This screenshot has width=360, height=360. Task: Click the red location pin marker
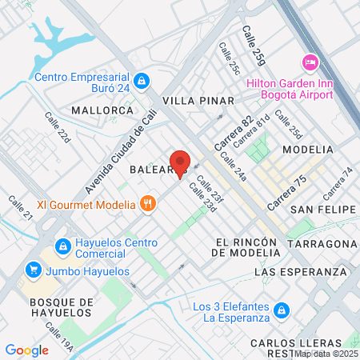(x=179, y=162)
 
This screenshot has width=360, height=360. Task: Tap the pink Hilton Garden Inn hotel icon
(x=309, y=62)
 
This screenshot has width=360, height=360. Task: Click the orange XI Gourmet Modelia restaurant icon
(x=146, y=204)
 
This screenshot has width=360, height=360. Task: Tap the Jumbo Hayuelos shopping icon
(x=33, y=270)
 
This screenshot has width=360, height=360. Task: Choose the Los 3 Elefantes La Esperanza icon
(x=281, y=310)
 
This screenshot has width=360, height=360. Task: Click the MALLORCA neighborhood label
(x=101, y=110)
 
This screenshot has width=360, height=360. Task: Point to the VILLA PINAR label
(x=198, y=101)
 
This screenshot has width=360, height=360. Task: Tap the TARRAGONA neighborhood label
(x=322, y=243)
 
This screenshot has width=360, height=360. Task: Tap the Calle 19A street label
(x=59, y=337)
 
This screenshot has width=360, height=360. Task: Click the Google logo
(x=27, y=350)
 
